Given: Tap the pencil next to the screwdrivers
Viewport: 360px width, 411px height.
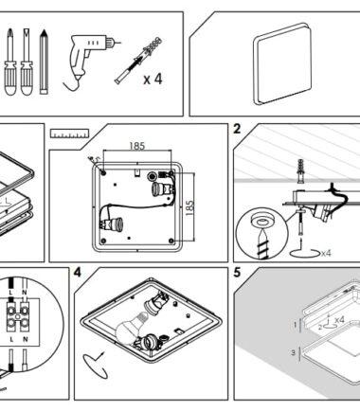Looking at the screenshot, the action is (x=44, y=62).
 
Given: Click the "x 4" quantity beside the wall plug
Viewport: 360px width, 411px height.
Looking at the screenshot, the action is (x=153, y=79).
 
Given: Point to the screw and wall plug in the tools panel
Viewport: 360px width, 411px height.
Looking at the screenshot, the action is (x=138, y=60).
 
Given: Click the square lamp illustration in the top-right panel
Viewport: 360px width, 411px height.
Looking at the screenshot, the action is (x=282, y=64).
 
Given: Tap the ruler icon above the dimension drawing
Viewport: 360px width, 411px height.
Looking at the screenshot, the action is (x=70, y=134).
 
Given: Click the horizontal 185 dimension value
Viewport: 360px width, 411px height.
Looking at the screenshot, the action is (x=137, y=146).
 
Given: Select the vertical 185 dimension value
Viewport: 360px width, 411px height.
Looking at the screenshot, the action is (x=189, y=208).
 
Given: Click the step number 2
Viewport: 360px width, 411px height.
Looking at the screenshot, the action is (x=237, y=129).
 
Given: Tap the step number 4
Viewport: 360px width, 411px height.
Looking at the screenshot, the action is (x=78, y=272).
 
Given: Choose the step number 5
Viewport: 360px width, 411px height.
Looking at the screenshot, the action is (x=237, y=272).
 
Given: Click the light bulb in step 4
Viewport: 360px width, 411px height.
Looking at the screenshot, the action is (x=130, y=328).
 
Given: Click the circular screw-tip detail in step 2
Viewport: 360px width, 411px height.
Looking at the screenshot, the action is (x=261, y=234).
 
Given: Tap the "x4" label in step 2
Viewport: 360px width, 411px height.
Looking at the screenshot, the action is (x=326, y=253).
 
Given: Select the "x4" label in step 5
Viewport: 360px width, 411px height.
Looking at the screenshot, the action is (x=339, y=320).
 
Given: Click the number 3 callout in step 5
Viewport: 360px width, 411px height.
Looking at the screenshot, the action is (x=293, y=352).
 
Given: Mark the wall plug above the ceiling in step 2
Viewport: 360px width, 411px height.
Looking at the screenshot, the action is (x=300, y=171).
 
